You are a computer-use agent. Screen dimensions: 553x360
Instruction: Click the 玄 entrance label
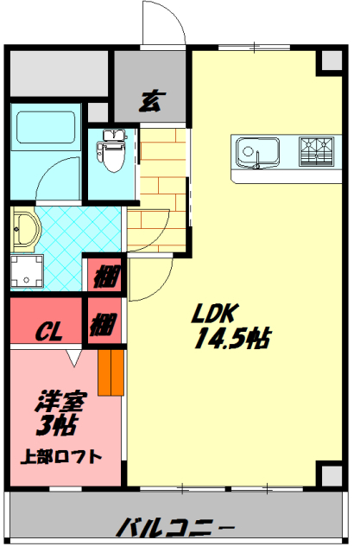point(149,100)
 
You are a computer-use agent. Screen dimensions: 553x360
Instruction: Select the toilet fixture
point(110,148)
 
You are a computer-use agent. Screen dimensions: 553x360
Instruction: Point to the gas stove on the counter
point(315,151)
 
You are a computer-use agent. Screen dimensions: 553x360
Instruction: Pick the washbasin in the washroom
point(25,231)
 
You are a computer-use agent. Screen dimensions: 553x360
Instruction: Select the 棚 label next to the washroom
point(105,279)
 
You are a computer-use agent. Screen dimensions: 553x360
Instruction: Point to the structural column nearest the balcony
point(329,474)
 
